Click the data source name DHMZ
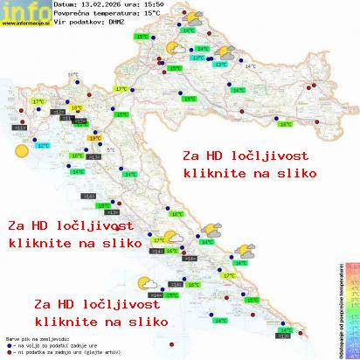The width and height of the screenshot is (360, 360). click(118, 24)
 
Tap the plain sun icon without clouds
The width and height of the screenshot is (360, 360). click(21, 151)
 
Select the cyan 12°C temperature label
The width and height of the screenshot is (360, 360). click(43, 146)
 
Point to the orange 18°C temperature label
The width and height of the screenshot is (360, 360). click(77, 107)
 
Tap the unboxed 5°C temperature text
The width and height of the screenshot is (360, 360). click(111, 150)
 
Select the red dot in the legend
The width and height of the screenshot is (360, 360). click(8, 351)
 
